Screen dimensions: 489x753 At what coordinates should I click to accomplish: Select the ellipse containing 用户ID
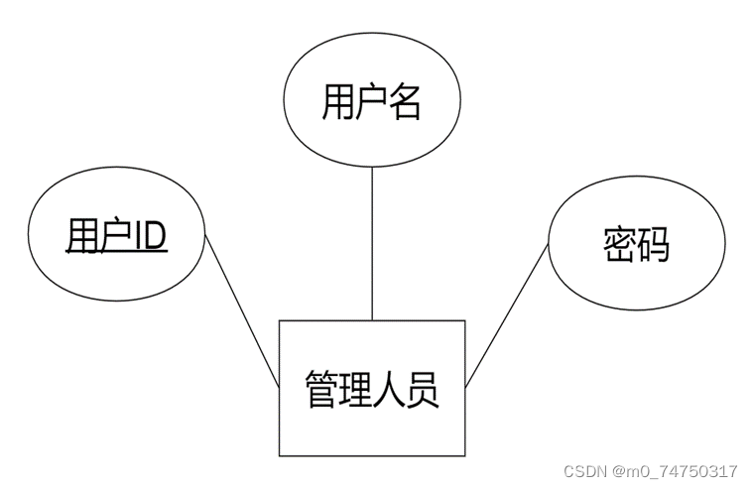click(116, 236)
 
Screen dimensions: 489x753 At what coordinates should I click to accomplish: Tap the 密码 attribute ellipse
click(636, 243)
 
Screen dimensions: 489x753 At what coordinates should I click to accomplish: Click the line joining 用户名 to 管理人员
click(372, 243)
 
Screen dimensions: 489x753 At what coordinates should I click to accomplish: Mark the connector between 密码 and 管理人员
click(507, 314)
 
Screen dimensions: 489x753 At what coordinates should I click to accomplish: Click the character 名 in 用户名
click(405, 102)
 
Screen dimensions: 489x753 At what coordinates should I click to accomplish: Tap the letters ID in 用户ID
click(150, 236)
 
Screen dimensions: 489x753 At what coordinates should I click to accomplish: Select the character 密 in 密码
click(620, 244)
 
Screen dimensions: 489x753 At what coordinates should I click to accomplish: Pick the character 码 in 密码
click(654, 244)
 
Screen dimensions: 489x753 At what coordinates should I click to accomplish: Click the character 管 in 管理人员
click(321, 390)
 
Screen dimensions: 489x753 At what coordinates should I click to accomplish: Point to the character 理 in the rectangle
click(355, 390)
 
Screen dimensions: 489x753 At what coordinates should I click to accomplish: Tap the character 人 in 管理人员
click(389, 390)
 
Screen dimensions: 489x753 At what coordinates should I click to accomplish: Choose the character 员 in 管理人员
click(423, 390)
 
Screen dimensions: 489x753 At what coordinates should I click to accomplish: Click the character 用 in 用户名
click(338, 102)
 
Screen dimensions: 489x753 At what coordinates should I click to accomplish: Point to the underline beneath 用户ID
click(116, 252)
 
